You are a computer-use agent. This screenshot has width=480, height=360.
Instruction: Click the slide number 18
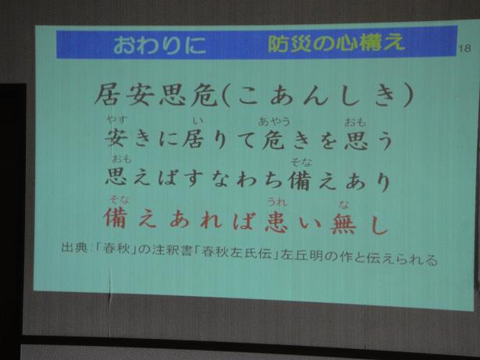pyautogui.click(x=464, y=48)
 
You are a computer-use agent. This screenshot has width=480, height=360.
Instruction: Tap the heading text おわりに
pyautogui.click(x=160, y=45)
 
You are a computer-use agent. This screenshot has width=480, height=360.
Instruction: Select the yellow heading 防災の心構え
pyautogui.click(x=336, y=44)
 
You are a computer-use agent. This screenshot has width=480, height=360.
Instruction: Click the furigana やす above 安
pyautogui.click(x=116, y=119)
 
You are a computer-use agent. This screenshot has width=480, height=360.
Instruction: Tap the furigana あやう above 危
pyautogui.click(x=274, y=121)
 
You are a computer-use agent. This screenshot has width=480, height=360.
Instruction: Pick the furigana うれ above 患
pyautogui.click(x=277, y=202)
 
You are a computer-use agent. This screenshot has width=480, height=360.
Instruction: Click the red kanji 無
pyautogui.click(x=343, y=223)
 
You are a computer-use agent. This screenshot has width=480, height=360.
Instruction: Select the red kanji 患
pyautogui.click(x=276, y=222)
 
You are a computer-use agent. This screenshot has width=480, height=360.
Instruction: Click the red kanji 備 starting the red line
pyautogui.click(x=115, y=218)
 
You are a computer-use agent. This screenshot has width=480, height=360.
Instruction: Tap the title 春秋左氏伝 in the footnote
pyautogui.click(x=237, y=253)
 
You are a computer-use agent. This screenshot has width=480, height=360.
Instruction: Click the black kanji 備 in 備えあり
pyautogui.click(x=300, y=181)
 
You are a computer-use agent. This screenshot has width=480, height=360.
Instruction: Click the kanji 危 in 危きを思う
pyautogui.click(x=274, y=140)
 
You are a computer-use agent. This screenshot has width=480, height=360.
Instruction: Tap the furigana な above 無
pyautogui.click(x=343, y=205)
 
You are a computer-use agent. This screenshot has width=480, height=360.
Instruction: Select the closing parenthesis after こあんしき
pyautogui.click(x=407, y=95)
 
